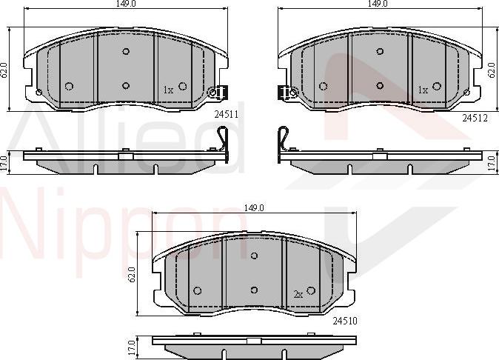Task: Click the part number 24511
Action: point(226,115)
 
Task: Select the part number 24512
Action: point(475,117)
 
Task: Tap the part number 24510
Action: point(344,320)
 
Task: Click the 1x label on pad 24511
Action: point(168,90)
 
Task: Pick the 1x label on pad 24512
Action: point(423,90)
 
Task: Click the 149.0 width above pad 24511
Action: point(125,4)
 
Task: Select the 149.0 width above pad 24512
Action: point(378,4)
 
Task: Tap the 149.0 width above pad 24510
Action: point(254,207)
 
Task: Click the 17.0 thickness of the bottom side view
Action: point(131,346)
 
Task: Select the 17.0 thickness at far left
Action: point(5,161)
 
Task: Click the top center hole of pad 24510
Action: point(254,256)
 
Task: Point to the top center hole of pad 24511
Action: point(125,51)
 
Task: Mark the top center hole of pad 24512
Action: point(379,51)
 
